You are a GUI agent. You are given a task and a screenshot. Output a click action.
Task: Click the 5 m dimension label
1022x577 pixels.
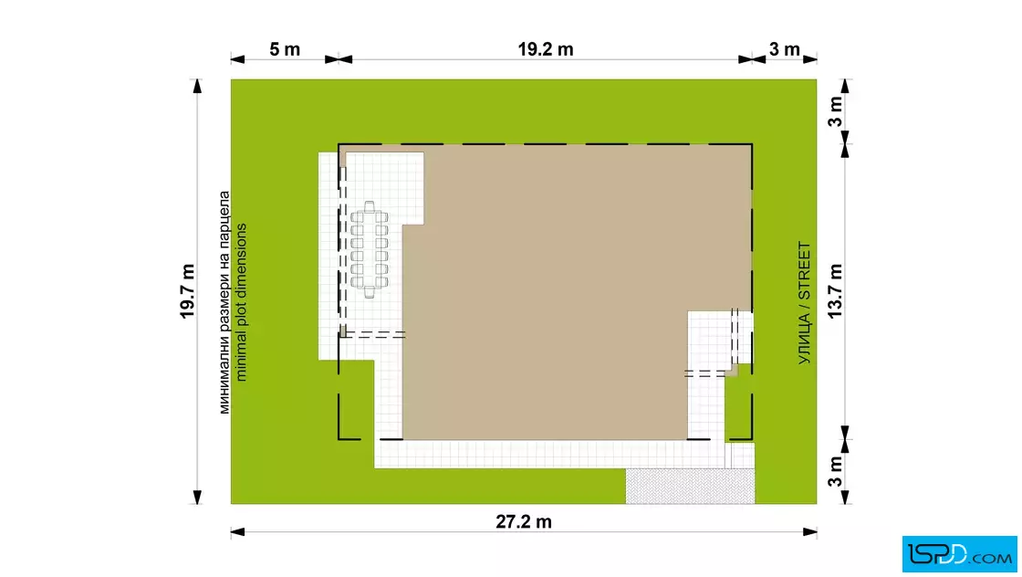(x=285, y=49)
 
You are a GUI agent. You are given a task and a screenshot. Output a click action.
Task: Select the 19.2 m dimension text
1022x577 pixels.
(x=546, y=49)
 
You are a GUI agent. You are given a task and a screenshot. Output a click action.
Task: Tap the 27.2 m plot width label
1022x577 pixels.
(x=524, y=521)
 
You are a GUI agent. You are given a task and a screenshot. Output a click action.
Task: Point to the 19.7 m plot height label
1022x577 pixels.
(x=188, y=291)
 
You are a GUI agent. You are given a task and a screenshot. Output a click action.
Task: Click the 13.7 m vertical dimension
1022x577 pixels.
(x=835, y=291)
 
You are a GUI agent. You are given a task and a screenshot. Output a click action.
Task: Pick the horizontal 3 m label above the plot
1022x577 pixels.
(x=784, y=49)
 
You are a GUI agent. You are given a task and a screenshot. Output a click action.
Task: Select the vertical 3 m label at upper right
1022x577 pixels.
(x=835, y=111)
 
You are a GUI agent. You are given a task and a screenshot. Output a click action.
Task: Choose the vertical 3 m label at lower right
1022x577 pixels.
(x=835, y=471)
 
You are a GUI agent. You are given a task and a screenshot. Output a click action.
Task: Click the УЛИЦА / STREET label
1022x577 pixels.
(x=804, y=303)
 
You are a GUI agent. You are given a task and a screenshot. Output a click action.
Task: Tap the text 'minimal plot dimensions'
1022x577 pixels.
(x=241, y=302)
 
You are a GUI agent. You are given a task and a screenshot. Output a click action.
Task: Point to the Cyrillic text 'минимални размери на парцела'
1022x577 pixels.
(x=224, y=302)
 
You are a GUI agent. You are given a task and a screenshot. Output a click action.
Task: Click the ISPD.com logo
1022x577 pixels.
(x=959, y=554)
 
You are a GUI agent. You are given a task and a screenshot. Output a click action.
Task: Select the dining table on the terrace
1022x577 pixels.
(x=370, y=250)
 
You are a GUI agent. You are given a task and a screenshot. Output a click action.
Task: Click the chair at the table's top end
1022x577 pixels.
(x=370, y=206)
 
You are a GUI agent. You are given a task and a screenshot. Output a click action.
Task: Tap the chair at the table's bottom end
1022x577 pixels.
(x=370, y=292)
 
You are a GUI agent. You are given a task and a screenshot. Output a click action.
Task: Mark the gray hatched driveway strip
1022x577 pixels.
(x=690, y=486)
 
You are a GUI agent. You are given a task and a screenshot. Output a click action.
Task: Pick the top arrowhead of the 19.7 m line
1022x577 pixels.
(x=197, y=87)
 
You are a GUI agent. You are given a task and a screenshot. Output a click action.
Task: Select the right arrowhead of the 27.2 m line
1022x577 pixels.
(x=810, y=532)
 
